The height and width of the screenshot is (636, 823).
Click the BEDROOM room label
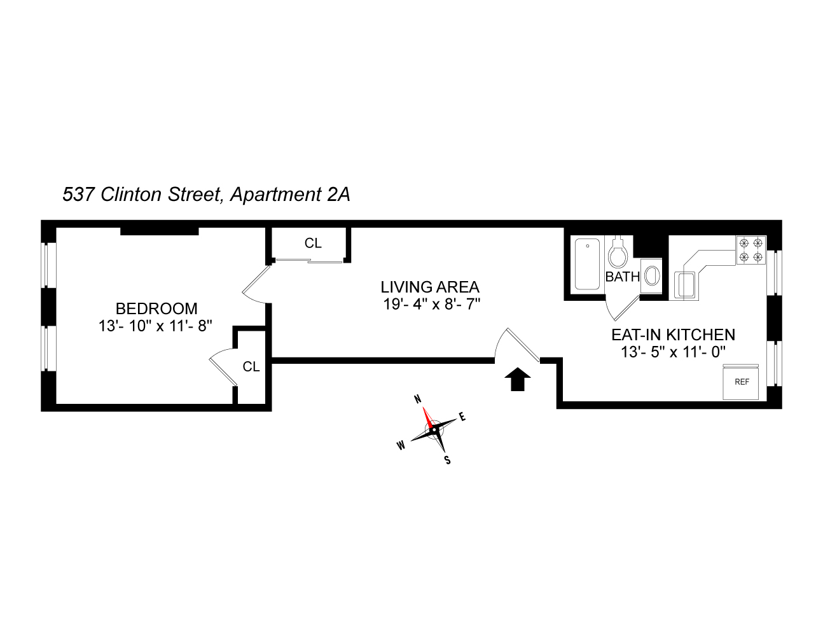tap(156, 309)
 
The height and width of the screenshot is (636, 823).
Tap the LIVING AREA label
tap(430, 287)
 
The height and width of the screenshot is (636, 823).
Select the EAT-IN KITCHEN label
tap(673, 335)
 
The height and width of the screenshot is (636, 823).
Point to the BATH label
tap(622, 277)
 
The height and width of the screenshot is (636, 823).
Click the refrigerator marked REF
tap(742, 383)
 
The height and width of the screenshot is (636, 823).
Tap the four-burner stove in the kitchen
tap(750, 249)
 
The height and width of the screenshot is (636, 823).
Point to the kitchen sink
tap(686, 284)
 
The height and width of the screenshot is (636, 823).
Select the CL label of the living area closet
tap(313, 243)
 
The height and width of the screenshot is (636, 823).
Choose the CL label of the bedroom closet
tap(251, 367)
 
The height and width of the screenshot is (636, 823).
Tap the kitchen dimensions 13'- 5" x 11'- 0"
tap(673, 352)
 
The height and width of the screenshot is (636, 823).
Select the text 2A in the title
tap(338, 195)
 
